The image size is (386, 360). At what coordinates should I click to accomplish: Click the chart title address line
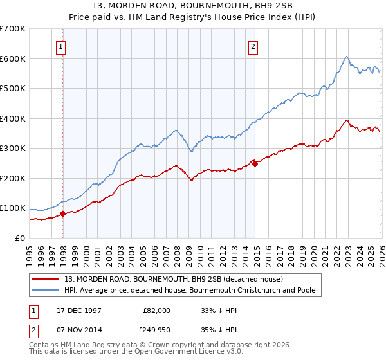[193, 6]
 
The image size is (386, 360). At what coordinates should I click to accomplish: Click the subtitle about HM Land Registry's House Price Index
[193, 17]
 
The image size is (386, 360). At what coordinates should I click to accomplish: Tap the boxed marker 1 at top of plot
[60, 46]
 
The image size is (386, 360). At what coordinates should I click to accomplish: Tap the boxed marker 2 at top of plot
[253, 46]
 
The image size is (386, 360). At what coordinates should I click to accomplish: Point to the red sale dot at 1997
[62, 213]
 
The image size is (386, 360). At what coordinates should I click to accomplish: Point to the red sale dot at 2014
[255, 163]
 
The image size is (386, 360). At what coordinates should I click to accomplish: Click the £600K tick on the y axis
[13, 59]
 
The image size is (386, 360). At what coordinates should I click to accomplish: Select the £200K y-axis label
[13, 178]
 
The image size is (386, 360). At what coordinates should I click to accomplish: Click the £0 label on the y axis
[21, 238]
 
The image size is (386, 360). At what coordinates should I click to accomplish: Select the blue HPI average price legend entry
[189, 290]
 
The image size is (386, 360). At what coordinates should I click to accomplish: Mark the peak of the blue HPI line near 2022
[346, 57]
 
